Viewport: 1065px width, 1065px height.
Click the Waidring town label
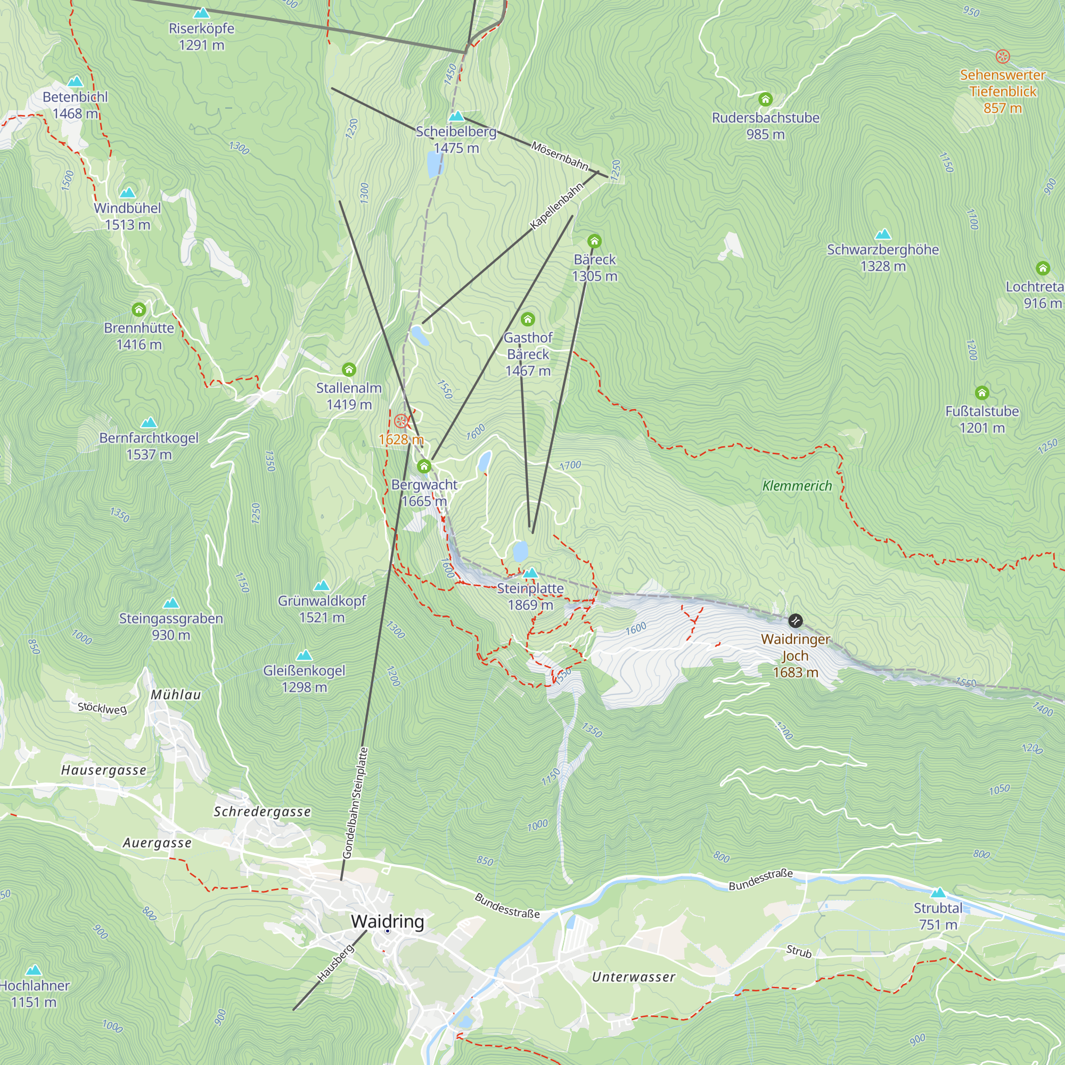pyautogui.click(x=388, y=921)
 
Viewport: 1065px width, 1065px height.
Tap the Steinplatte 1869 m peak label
pyautogui.click(x=530, y=596)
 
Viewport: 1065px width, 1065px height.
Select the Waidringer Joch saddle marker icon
pyautogui.click(x=795, y=621)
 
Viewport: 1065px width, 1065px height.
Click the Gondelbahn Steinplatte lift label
pyautogui.click(x=355, y=802)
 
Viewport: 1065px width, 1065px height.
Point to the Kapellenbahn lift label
pyautogui.click(x=556, y=206)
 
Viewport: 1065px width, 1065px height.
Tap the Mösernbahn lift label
pyautogui.click(x=560, y=155)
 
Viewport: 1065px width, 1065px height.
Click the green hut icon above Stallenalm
pyautogui.click(x=349, y=370)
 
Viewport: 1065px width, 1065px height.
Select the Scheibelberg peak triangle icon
pyautogui.click(x=456, y=116)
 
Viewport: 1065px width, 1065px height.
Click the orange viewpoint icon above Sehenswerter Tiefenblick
pyautogui.click(x=1003, y=56)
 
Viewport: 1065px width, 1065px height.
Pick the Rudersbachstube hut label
pyautogui.click(x=765, y=126)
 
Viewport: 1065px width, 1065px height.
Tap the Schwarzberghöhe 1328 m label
pyautogui.click(x=882, y=257)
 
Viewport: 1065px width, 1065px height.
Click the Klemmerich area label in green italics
pyautogui.click(x=797, y=486)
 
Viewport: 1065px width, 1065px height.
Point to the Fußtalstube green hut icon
pyautogui.click(x=982, y=392)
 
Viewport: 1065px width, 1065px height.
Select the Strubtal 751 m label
pyautogui.click(x=938, y=916)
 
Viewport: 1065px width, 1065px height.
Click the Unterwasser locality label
pyautogui.click(x=633, y=977)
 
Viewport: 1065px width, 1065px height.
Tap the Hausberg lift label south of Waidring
pyautogui.click(x=335, y=963)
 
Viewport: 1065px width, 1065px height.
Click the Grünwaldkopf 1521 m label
pyautogui.click(x=322, y=609)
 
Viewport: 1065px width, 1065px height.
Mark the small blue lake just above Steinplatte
pyautogui.click(x=520, y=551)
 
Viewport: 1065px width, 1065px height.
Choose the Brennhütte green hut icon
pyautogui.click(x=139, y=309)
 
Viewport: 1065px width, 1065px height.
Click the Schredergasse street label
pyautogui.click(x=263, y=812)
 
